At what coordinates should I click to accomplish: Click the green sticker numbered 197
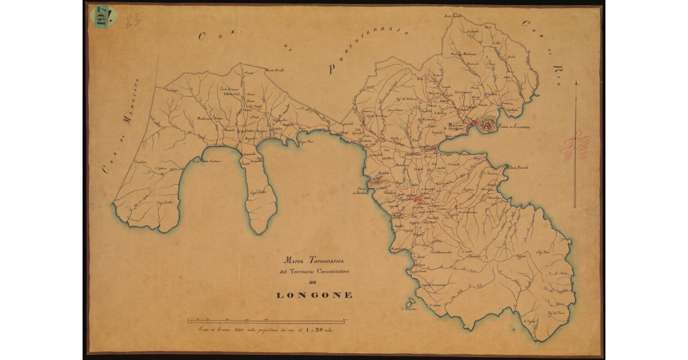(106, 16)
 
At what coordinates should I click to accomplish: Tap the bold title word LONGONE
(314, 295)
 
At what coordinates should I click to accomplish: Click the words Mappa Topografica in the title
(314, 261)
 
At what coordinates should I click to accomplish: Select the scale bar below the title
(266, 320)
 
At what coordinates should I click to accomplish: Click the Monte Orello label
(274, 71)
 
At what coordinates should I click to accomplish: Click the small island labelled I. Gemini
(410, 302)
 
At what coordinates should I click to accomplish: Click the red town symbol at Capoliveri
(419, 199)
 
